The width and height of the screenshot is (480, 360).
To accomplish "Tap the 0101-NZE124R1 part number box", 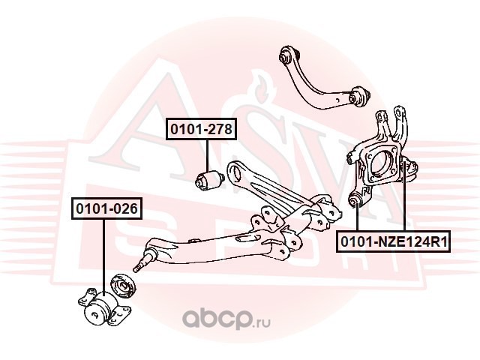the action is coord(393,241).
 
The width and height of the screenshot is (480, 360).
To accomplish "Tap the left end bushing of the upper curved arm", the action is coord(286,55).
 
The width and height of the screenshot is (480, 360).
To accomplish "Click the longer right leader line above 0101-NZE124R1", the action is coord(404,199).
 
